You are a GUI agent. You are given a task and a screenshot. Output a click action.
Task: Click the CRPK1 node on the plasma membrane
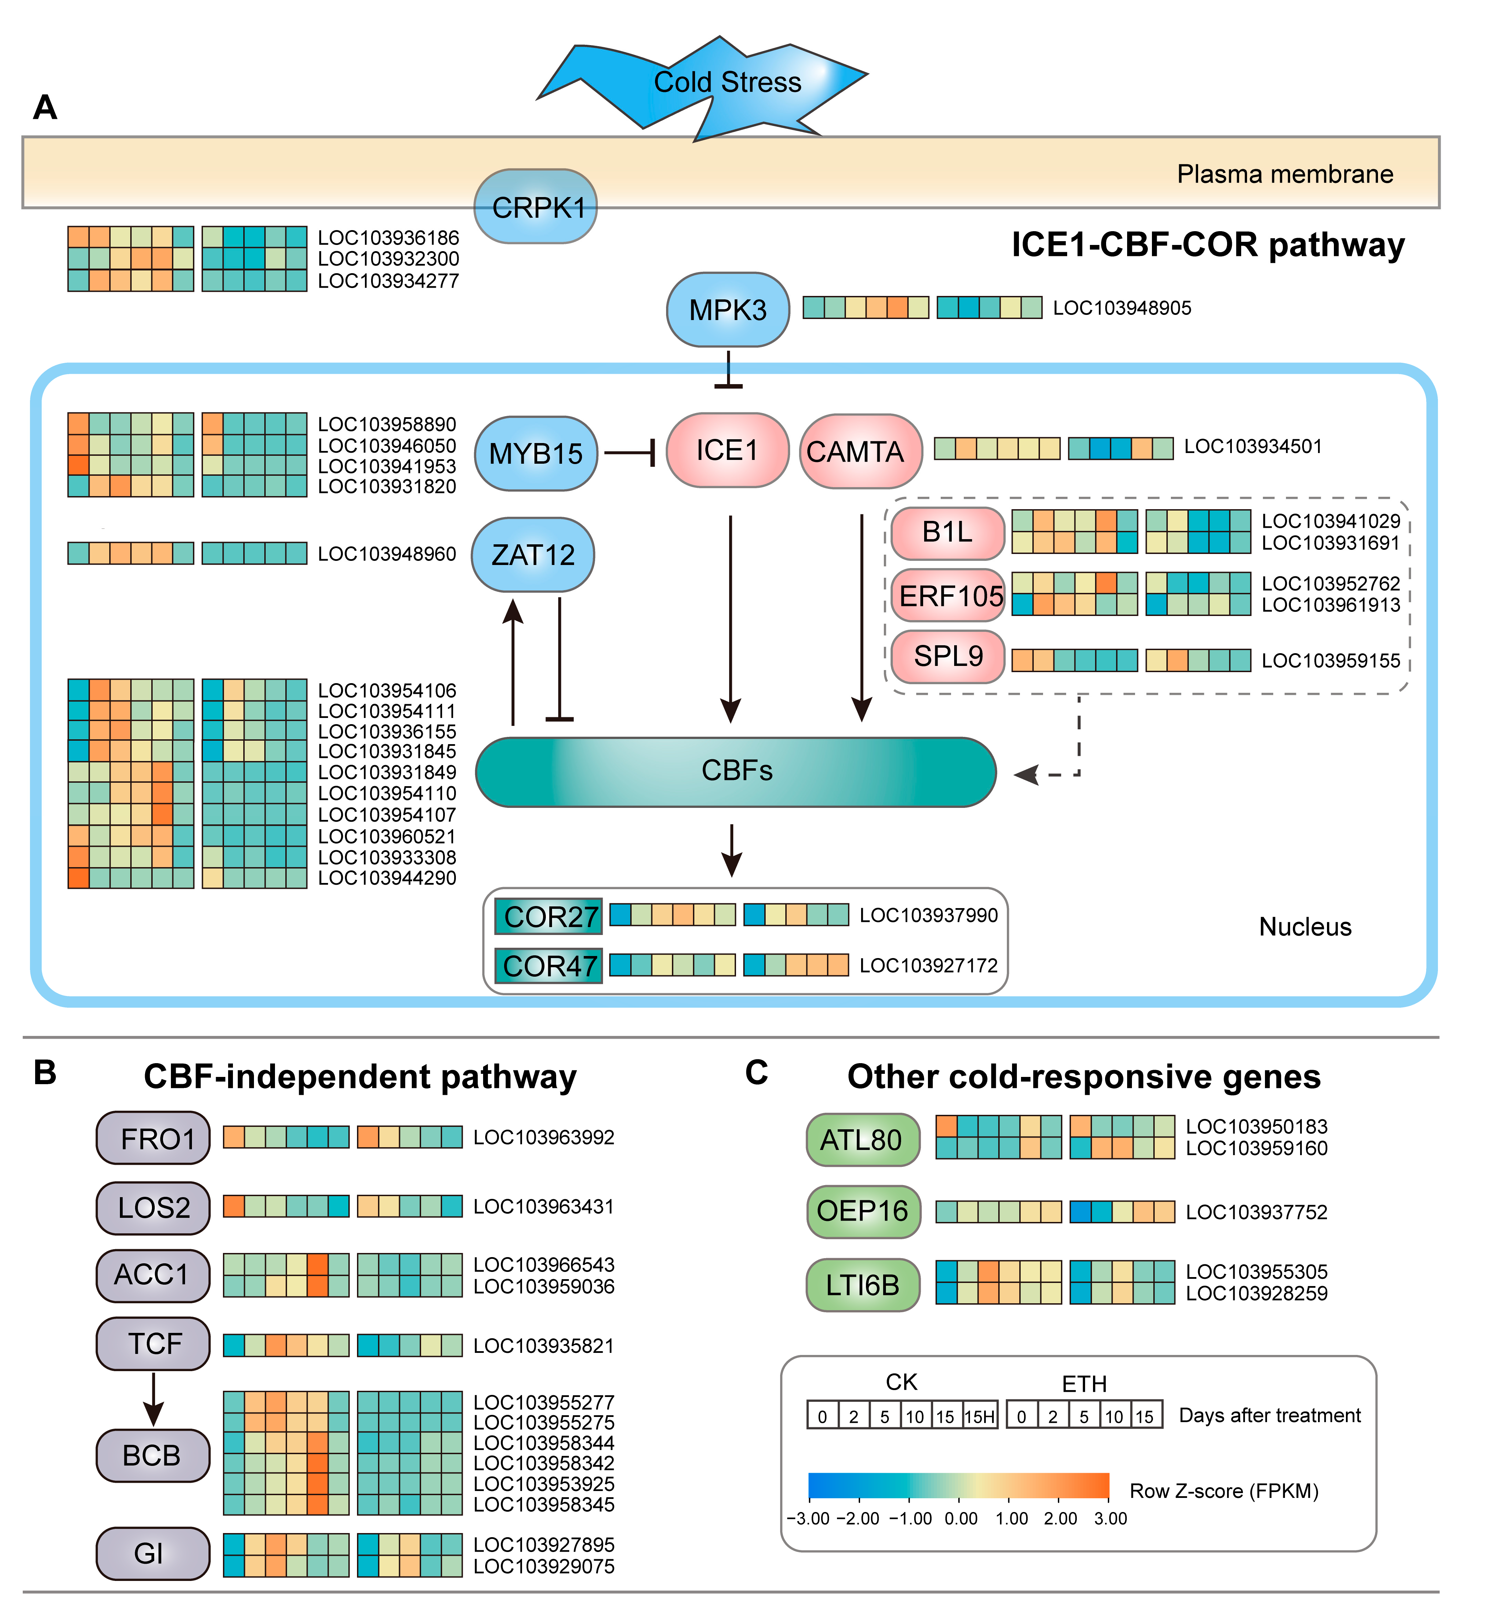[x=536, y=206]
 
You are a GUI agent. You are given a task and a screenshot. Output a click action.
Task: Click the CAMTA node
[x=861, y=451]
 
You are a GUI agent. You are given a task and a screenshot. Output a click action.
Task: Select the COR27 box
[x=549, y=916]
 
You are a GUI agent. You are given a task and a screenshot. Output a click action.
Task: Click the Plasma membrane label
[x=1285, y=174]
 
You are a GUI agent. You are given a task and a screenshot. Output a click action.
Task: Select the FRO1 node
[x=153, y=1138]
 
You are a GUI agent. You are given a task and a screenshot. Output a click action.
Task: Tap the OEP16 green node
[x=863, y=1212]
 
